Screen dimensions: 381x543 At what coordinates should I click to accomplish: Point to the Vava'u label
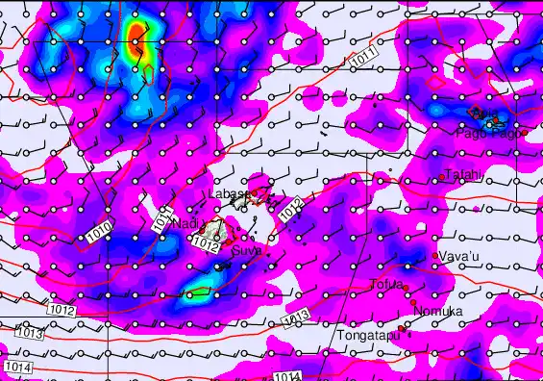tap(459, 256)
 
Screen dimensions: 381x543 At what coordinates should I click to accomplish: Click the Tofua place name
tap(386, 284)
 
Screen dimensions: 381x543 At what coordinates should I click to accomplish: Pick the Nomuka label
tap(437, 311)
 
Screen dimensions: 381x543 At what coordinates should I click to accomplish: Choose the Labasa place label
tap(227, 194)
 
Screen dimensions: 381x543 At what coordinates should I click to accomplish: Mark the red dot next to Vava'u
tap(436, 255)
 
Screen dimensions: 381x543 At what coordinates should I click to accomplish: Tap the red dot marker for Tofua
tap(407, 288)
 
